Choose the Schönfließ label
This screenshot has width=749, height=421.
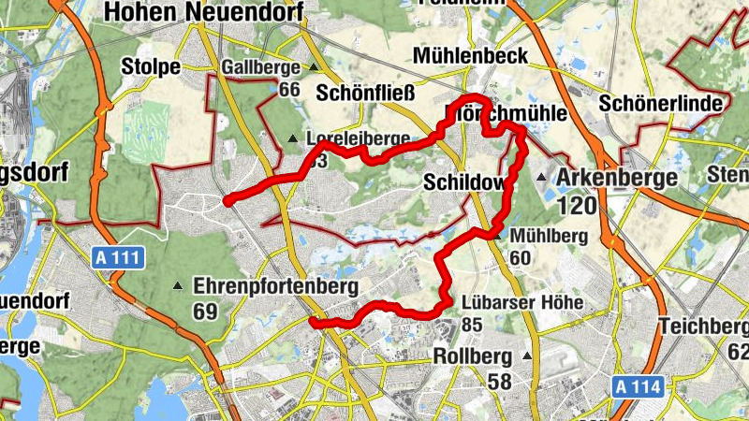click(x=363, y=93)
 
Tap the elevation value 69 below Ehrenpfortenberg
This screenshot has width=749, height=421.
click(x=206, y=311)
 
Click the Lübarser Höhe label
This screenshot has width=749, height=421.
click(x=522, y=303)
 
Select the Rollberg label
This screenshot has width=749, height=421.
click(x=473, y=356)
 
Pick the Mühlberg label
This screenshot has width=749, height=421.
click(x=547, y=236)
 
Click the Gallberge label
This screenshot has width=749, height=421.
click(x=261, y=67)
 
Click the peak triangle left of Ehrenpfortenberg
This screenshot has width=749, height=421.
click(x=178, y=285)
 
